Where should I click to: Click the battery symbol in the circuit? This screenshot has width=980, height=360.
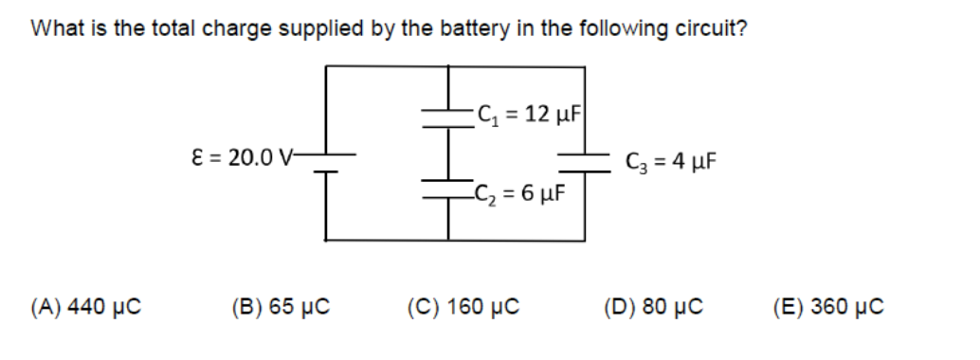pos(326,163)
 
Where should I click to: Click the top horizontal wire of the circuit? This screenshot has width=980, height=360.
pos(455,66)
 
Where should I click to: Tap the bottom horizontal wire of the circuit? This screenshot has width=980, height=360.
pos(455,240)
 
